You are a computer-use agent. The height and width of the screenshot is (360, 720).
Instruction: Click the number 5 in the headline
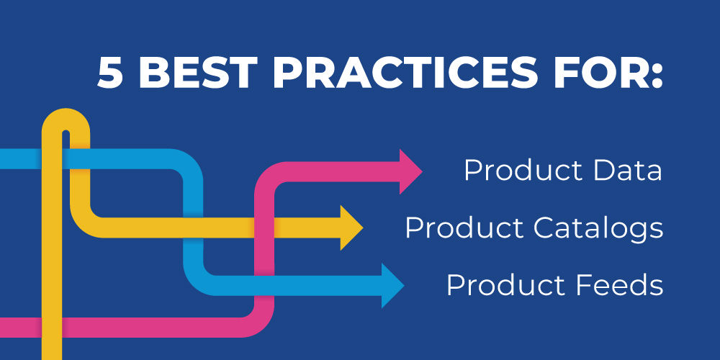point(110,73)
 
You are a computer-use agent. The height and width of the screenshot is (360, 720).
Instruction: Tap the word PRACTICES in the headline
point(405,73)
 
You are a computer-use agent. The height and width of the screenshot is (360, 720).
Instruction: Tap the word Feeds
point(619,284)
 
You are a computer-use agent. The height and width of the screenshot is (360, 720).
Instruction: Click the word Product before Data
point(523,171)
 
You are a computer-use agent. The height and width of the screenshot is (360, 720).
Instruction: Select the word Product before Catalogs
point(464,228)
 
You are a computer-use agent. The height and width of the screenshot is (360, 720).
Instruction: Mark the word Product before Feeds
point(506,284)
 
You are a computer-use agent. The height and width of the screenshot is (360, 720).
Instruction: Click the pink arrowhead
point(410,172)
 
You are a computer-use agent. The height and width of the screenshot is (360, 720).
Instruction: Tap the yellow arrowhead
point(351,228)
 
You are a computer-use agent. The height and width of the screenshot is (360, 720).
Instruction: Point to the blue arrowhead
point(392,286)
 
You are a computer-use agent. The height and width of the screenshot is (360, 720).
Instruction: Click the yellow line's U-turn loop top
point(66,118)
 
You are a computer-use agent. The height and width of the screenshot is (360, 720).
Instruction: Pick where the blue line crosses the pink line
point(264,286)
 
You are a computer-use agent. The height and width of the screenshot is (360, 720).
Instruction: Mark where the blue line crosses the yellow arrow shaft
point(193,228)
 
